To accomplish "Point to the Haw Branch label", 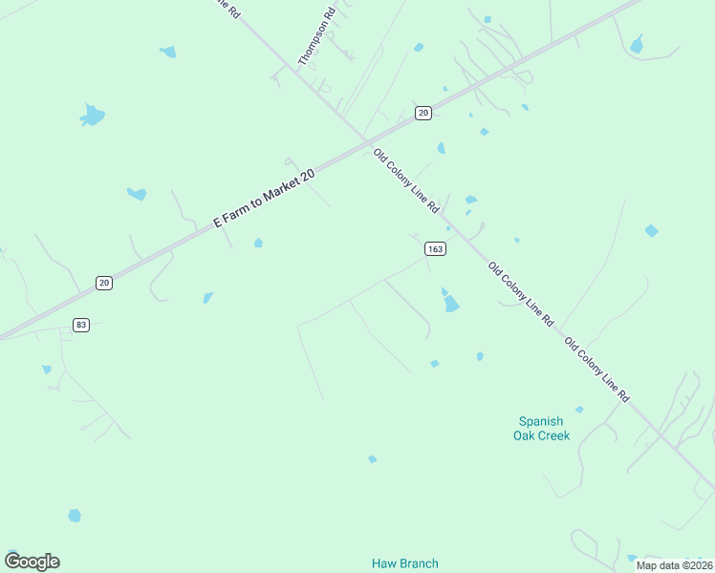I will pyautogui.click(x=404, y=563).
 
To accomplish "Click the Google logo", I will pyautogui.click(x=32, y=562).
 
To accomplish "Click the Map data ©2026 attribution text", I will pyautogui.click(x=673, y=565).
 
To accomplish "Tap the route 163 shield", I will pyautogui.click(x=435, y=248).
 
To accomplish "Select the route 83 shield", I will pyautogui.click(x=80, y=325).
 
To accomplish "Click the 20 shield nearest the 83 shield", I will pyautogui.click(x=103, y=282).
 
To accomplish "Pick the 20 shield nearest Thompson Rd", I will pyautogui.click(x=423, y=113).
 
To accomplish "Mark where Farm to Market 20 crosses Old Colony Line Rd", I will pyautogui.click(x=366, y=142).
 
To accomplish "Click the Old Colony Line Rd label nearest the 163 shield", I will pyautogui.click(x=406, y=180).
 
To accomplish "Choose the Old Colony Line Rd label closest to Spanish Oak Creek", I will pyautogui.click(x=596, y=368).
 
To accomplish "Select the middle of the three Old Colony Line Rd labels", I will pyautogui.click(x=521, y=294).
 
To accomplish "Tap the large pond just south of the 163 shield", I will pyautogui.click(x=450, y=304).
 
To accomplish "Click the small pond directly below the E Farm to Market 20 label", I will pyautogui.click(x=258, y=243).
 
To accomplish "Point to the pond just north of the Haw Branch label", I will pyautogui.click(x=372, y=459).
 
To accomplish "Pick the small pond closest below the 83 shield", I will pyautogui.click(x=46, y=369).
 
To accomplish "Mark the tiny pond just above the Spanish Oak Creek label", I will pyautogui.click(x=579, y=410).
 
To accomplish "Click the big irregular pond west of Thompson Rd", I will pyautogui.click(x=92, y=116).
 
